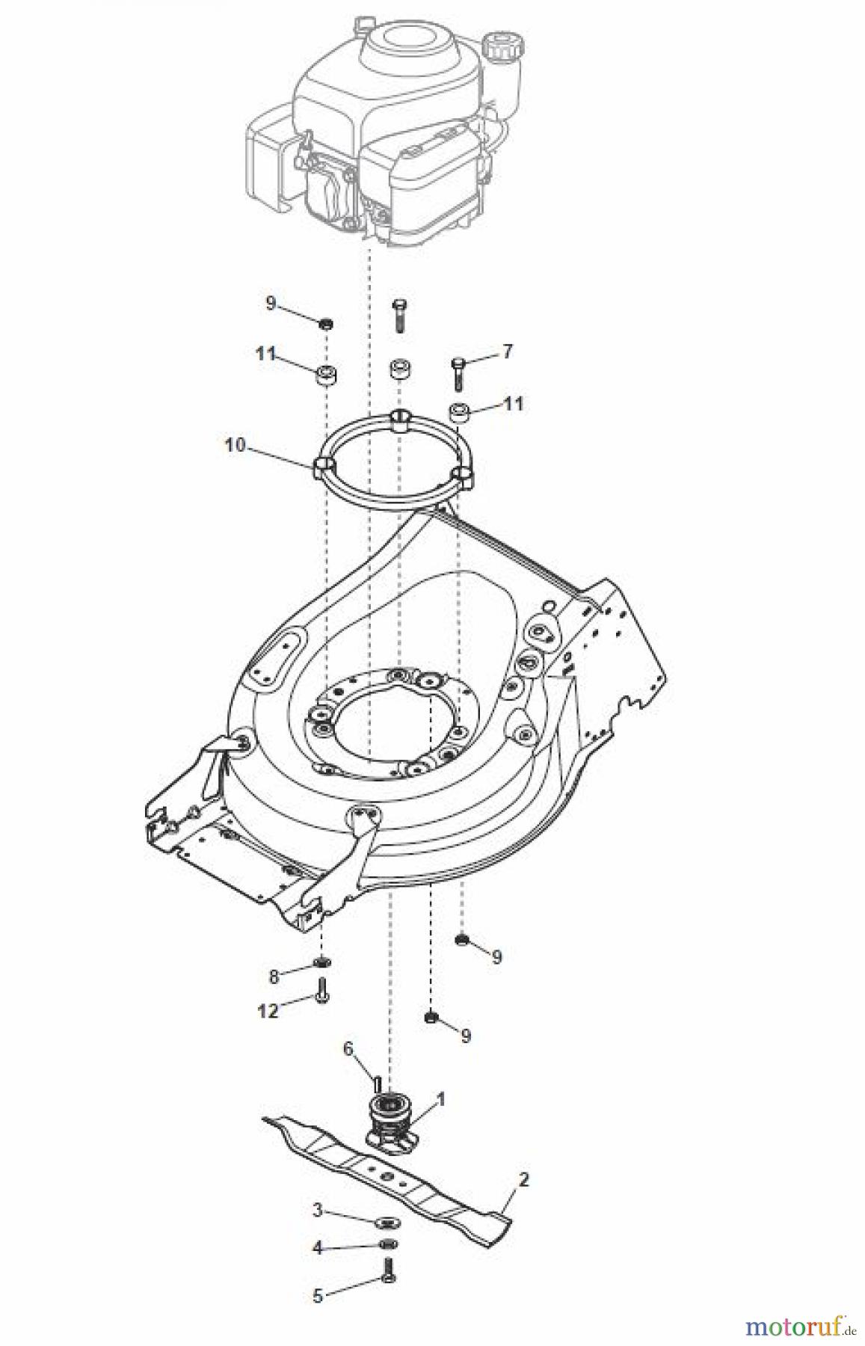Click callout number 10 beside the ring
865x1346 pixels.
(x=235, y=445)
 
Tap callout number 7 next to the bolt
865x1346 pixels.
(x=508, y=351)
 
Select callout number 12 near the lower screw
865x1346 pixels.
(x=268, y=1011)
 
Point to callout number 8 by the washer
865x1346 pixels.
(x=274, y=976)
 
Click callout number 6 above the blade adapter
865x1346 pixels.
(x=348, y=1049)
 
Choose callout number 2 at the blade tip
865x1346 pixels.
(x=523, y=1181)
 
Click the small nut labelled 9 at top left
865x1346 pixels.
(x=326, y=324)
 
